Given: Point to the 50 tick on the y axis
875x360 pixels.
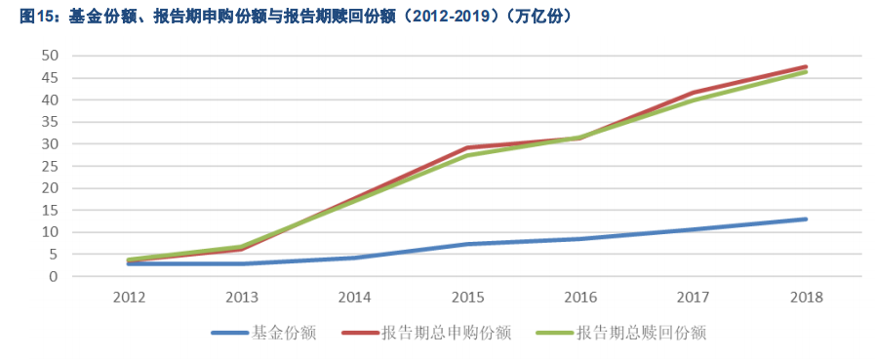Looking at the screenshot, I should click(50, 56).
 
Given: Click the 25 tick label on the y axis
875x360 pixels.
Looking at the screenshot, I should click(50, 166).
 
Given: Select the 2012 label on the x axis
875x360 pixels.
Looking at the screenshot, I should click(129, 296).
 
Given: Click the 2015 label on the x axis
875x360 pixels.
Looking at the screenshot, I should click(467, 296).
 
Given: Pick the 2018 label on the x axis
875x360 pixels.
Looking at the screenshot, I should click(806, 296).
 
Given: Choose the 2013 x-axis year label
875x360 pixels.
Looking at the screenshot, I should click(242, 296).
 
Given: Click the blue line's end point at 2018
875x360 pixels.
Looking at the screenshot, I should click(806, 219).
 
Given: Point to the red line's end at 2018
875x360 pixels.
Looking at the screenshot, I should click(806, 66).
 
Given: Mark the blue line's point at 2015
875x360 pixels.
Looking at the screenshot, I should click(467, 244).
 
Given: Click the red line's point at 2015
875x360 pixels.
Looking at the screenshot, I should click(467, 147).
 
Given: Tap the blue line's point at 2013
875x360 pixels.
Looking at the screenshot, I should click(242, 263).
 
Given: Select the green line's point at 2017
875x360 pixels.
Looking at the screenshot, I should click(694, 100).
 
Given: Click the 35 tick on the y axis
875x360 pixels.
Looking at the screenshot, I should click(50, 122).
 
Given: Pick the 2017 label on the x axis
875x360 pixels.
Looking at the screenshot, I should click(694, 296).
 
